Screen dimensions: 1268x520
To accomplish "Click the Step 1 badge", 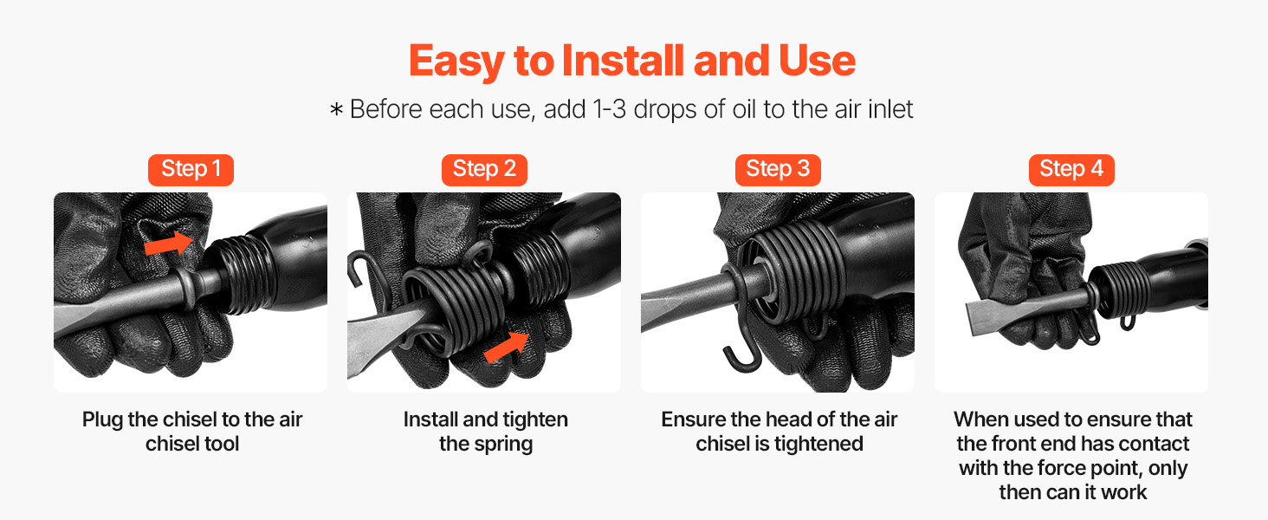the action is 191,170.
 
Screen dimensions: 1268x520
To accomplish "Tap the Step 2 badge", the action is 484,170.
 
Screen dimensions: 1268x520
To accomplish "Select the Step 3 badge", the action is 778,170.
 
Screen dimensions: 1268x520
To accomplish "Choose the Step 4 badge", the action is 1071,170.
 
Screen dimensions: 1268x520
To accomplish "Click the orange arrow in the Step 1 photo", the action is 169,243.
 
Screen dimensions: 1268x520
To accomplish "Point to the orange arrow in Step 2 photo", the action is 507,347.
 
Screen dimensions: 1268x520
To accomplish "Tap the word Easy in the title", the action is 456,62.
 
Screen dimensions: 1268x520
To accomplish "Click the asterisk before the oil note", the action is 336,109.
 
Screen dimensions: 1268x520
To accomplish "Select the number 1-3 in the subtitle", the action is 610,109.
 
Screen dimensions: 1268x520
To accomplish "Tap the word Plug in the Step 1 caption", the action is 102,420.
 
